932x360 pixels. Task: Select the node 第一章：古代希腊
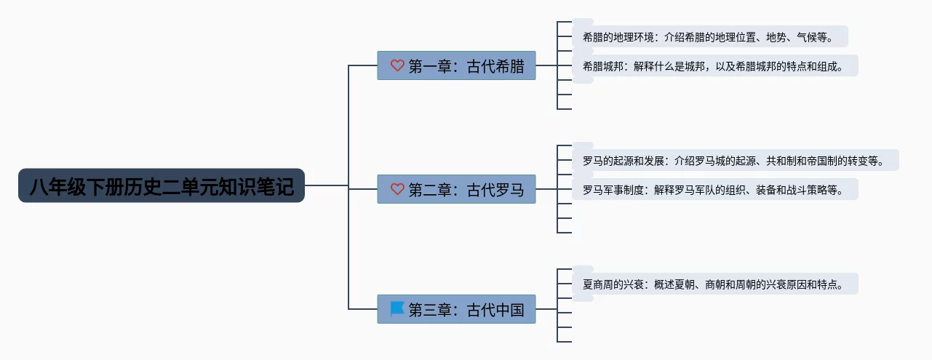pos(456,65)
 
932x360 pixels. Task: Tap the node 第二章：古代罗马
pos(456,189)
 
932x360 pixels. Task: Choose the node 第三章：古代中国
pos(456,309)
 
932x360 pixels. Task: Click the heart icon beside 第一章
pos(397,65)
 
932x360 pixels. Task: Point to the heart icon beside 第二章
pos(397,189)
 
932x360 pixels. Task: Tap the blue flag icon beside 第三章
pos(397,309)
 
